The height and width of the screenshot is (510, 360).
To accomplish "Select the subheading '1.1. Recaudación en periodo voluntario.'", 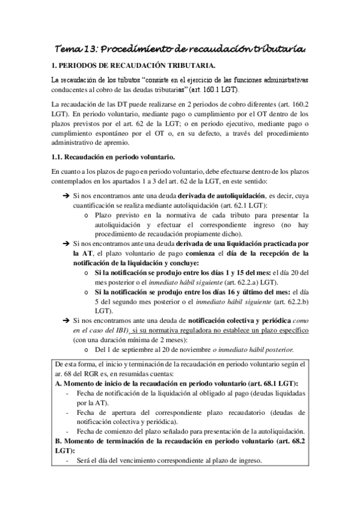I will coord(113,157).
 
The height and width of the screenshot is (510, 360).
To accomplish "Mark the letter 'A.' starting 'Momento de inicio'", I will coord(58,383).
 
